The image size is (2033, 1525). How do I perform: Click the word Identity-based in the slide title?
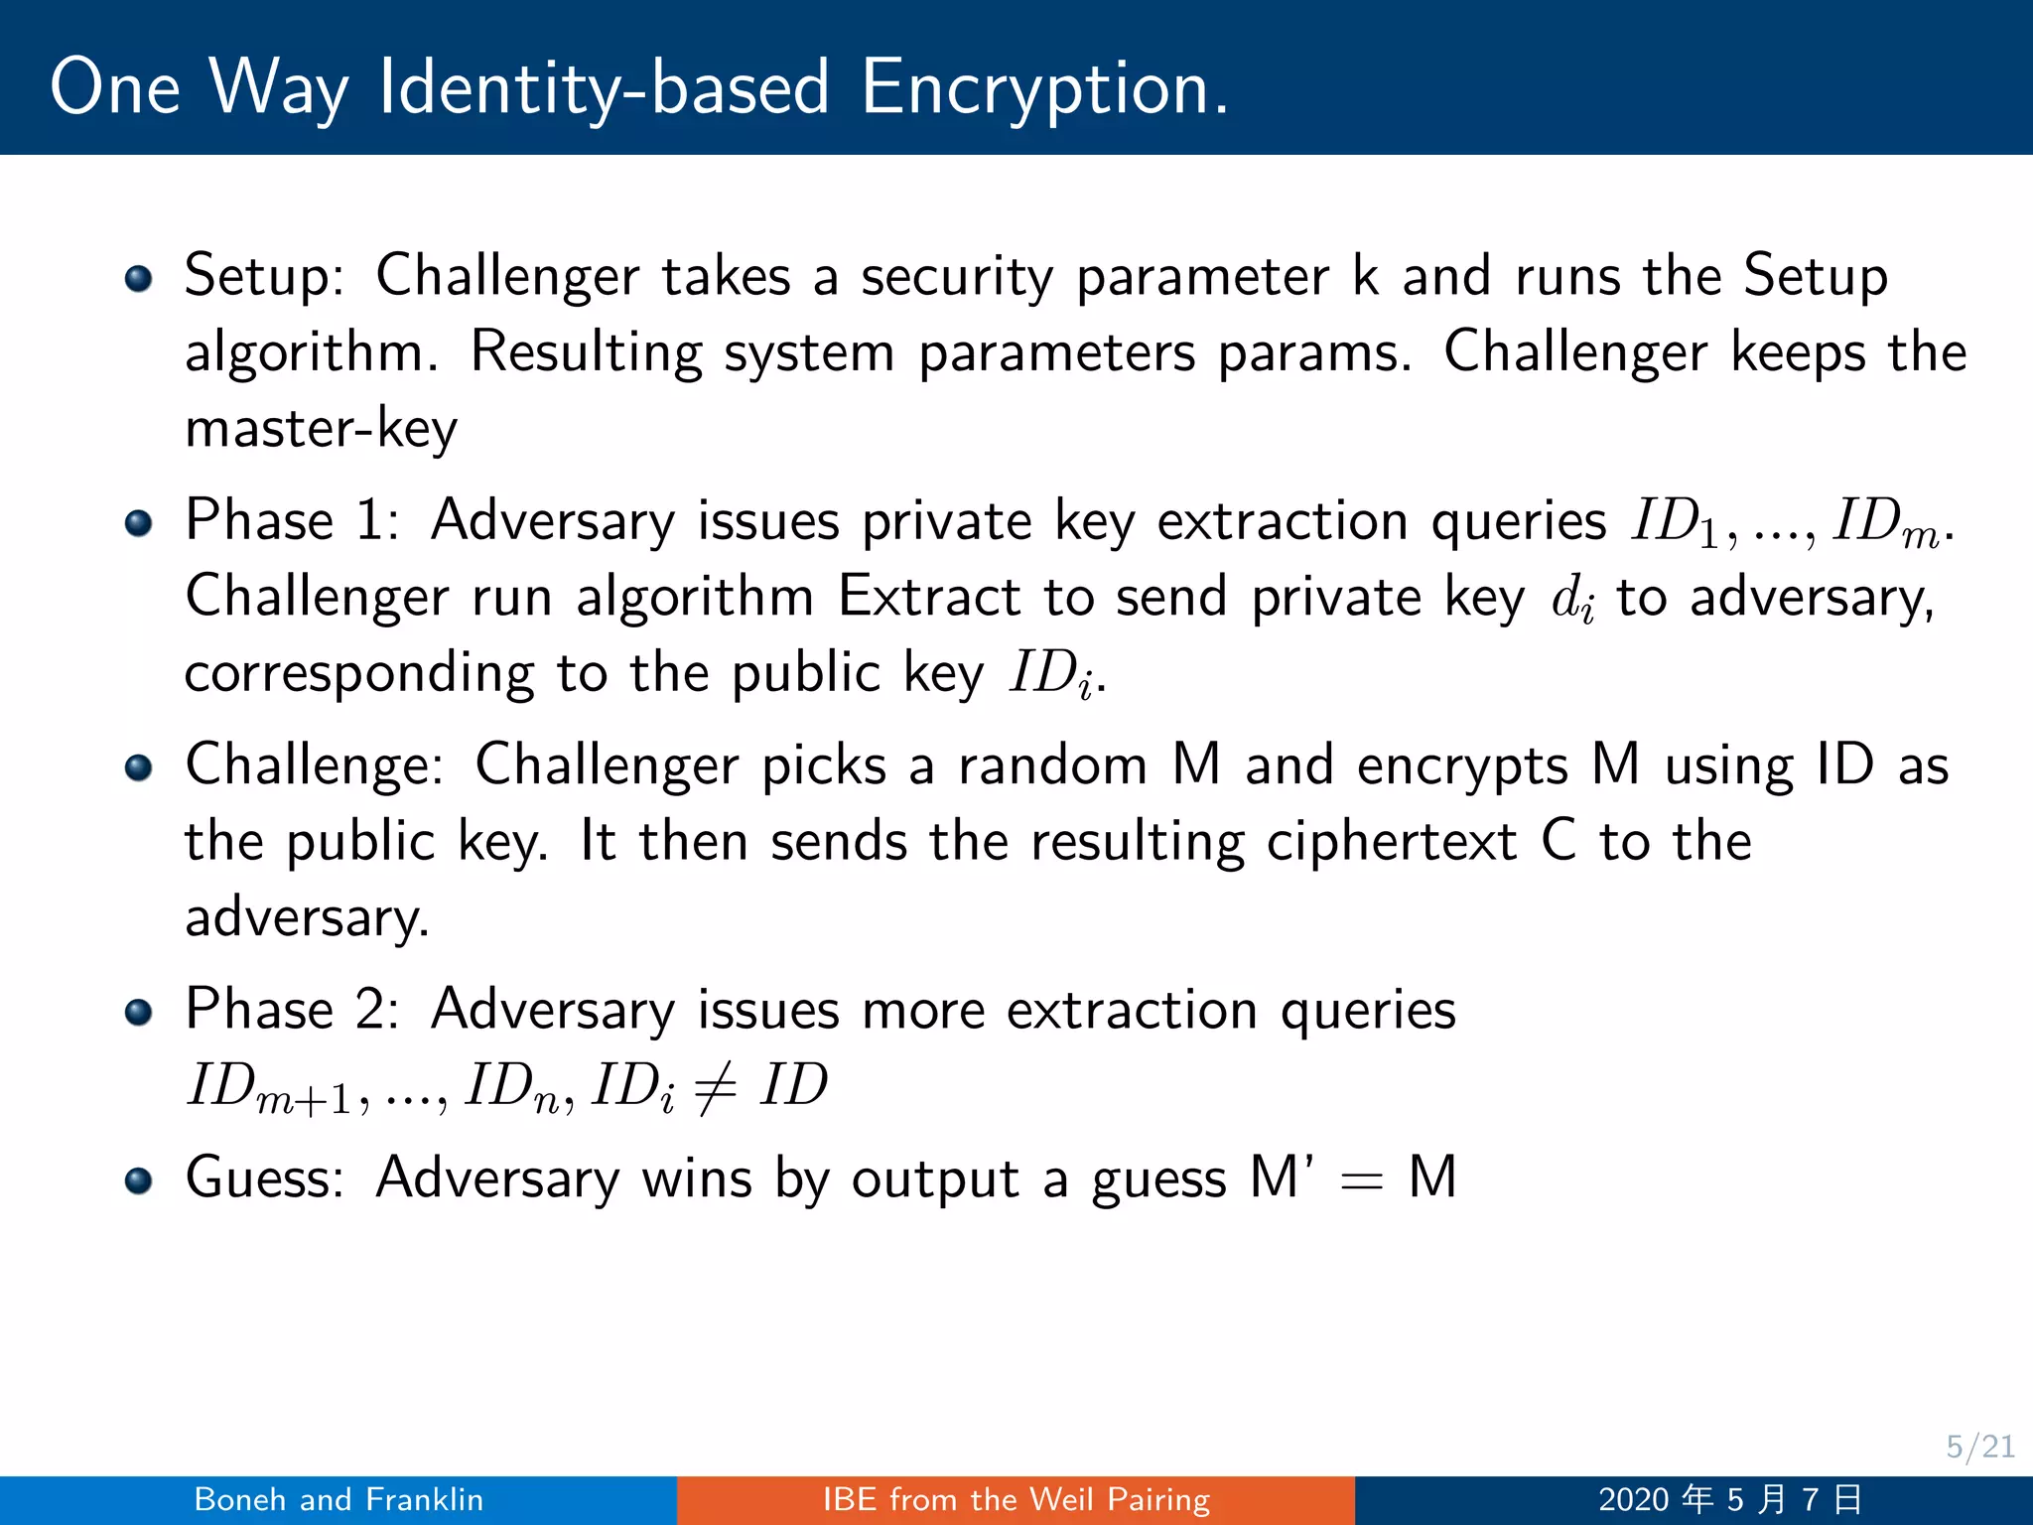point(604,87)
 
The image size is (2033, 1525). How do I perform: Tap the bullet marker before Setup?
point(139,278)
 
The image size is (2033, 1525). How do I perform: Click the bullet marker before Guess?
point(139,1179)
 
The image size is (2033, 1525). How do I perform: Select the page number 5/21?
point(1979,1447)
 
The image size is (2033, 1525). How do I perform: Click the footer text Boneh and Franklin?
point(339,1499)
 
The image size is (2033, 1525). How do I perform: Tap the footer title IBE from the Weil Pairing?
point(1016,1499)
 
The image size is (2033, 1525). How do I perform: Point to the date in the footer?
point(1729,1499)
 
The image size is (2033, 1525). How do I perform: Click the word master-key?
point(322,429)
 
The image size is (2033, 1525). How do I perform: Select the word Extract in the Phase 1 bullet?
point(929,598)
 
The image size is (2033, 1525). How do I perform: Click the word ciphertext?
point(1392,842)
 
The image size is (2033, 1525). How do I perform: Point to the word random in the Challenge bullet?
point(1052,766)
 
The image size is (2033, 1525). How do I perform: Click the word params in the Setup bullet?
point(1312,353)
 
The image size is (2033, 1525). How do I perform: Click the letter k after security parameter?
point(1366,276)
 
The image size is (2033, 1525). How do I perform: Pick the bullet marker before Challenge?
point(139,767)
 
